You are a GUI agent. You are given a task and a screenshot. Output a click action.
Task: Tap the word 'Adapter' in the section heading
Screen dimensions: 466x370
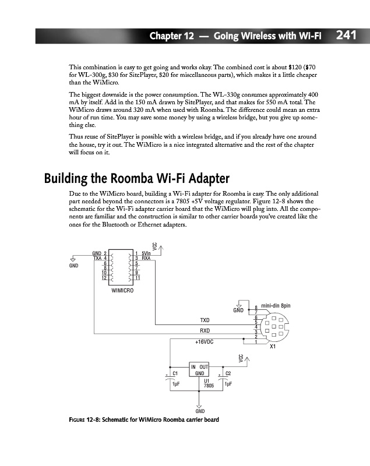(x=205, y=178)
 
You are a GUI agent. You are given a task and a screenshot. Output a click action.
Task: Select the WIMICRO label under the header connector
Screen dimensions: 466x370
(x=122, y=290)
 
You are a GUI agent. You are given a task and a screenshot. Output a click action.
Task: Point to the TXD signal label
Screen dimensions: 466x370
(x=205, y=320)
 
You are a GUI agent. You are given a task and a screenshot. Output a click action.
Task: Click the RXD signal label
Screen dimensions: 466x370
(x=205, y=330)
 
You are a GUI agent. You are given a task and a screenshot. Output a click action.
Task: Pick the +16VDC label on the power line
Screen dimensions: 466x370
(x=204, y=342)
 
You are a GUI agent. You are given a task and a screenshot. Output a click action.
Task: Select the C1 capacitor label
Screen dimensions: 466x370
(x=175, y=373)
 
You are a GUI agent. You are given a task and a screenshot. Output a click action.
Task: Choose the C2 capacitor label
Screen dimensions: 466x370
(x=228, y=373)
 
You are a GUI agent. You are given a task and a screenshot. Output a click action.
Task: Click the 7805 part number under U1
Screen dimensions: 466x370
(x=209, y=385)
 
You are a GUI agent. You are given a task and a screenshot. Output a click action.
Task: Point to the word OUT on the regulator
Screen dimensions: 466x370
(x=205, y=366)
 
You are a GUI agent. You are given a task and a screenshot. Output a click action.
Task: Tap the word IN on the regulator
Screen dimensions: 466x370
(x=194, y=366)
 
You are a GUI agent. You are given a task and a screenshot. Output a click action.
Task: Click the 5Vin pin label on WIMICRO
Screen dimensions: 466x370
(x=146, y=253)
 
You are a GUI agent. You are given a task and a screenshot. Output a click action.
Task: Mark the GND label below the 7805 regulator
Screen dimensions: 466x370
(x=199, y=412)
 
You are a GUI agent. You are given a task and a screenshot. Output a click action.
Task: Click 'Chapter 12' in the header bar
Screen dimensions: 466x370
(x=171, y=36)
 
